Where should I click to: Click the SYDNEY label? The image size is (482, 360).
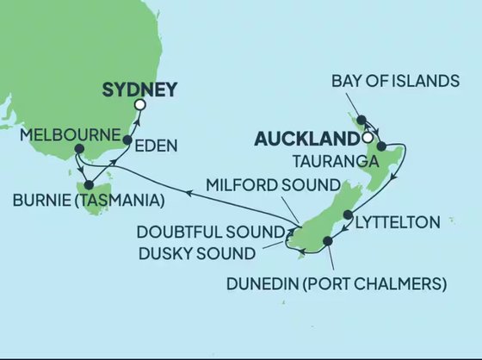click(x=139, y=89)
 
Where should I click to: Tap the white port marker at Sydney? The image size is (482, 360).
click(x=140, y=106)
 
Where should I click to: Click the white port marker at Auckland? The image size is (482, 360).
click(x=368, y=137)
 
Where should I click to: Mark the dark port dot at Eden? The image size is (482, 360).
click(x=127, y=140)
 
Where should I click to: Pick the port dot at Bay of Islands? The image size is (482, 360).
click(x=362, y=120)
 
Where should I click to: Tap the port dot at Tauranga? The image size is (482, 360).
click(x=380, y=146)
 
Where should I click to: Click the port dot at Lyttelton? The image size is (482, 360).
click(x=348, y=214)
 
